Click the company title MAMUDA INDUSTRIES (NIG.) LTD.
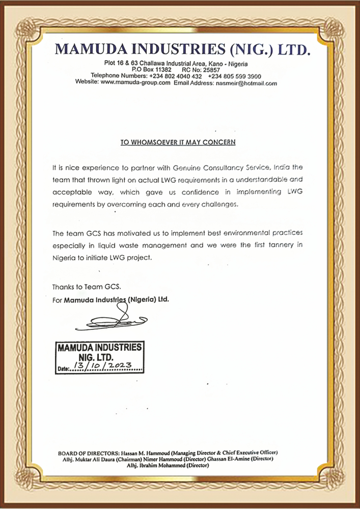[182, 49]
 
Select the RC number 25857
[211, 69]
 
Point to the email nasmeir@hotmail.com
[246, 82]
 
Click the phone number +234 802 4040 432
[176, 76]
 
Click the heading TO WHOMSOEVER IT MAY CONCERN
[178, 143]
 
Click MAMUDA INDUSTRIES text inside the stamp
[99, 348]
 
